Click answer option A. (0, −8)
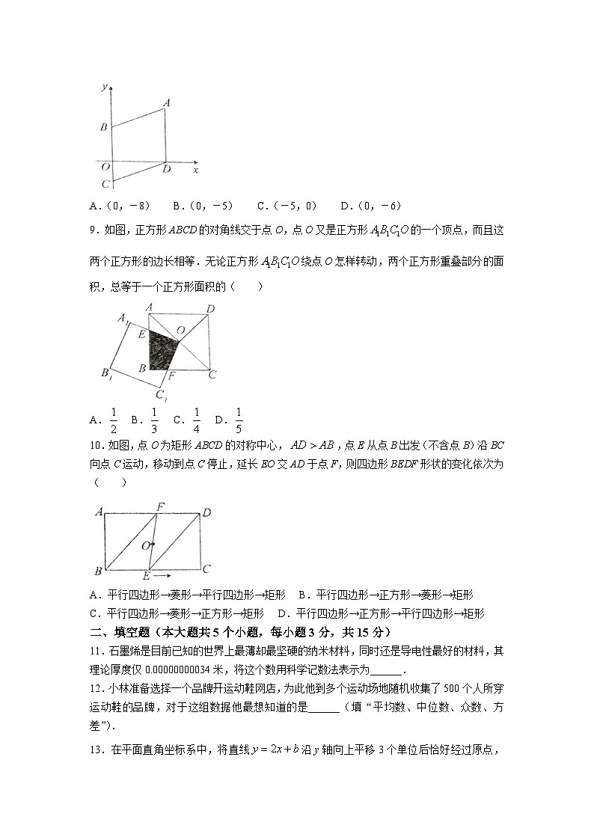(120, 206)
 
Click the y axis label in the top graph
(102, 88)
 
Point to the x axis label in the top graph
(195, 171)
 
